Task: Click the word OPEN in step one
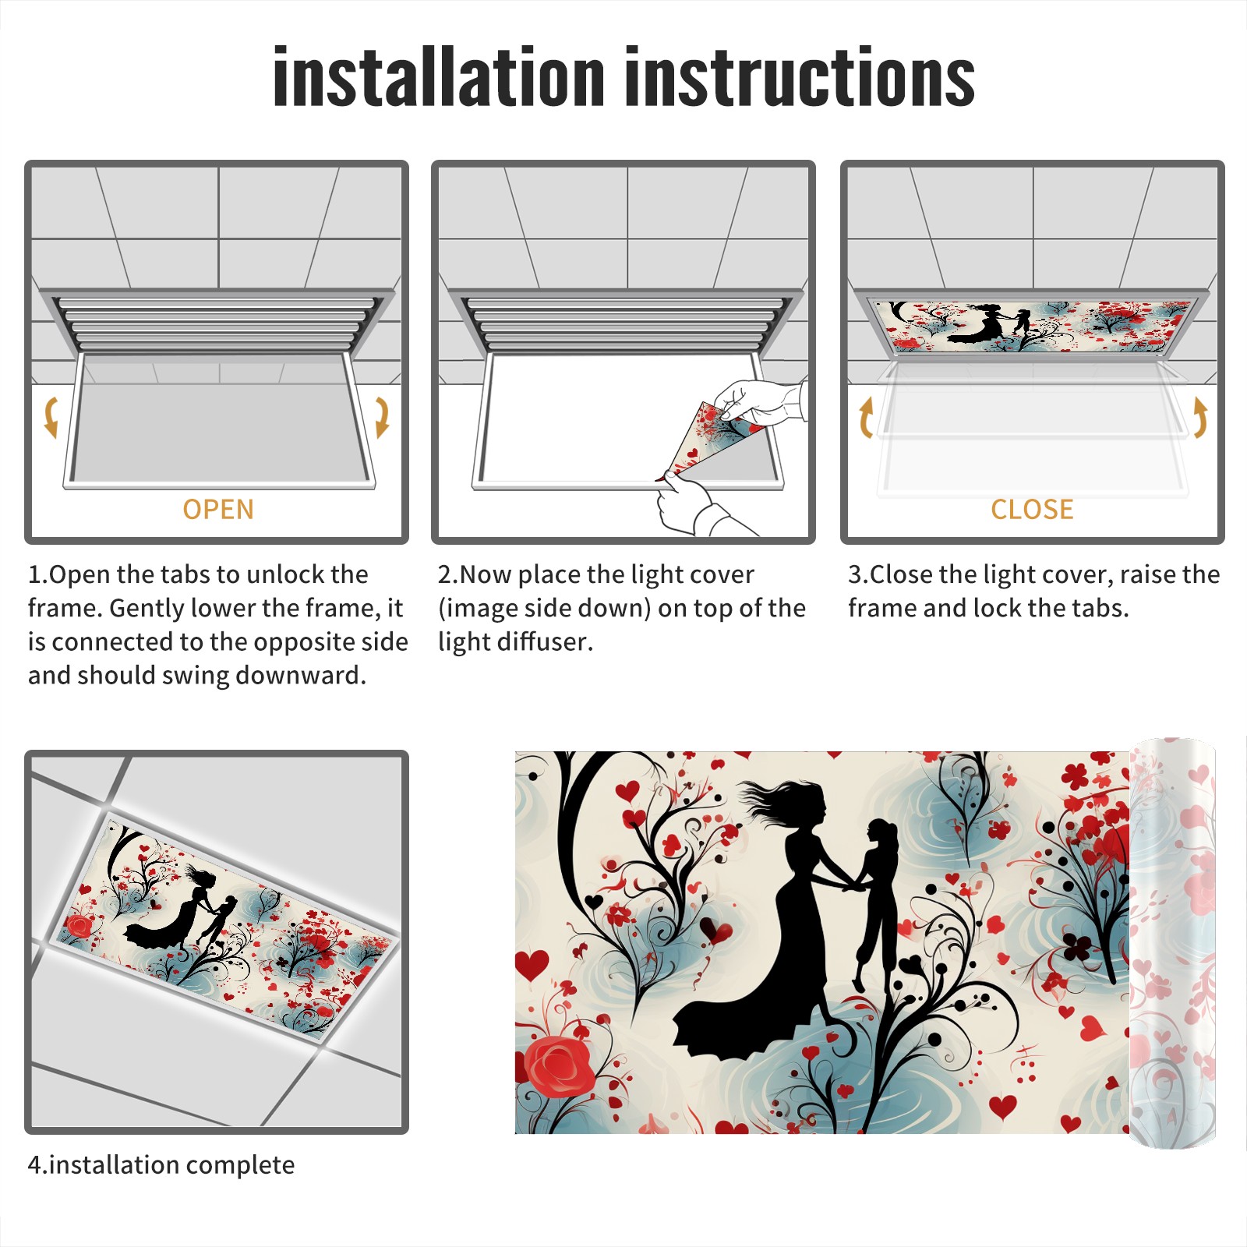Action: [218, 510]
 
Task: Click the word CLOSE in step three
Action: [1032, 510]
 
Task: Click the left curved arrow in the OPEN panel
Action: [51, 417]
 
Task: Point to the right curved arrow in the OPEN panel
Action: [382, 417]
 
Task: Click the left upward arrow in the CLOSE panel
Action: [866, 417]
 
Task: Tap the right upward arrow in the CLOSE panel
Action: [1200, 417]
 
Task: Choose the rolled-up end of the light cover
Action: [1173, 943]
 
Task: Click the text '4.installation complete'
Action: [161, 1165]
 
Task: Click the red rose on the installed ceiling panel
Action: [78, 926]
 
